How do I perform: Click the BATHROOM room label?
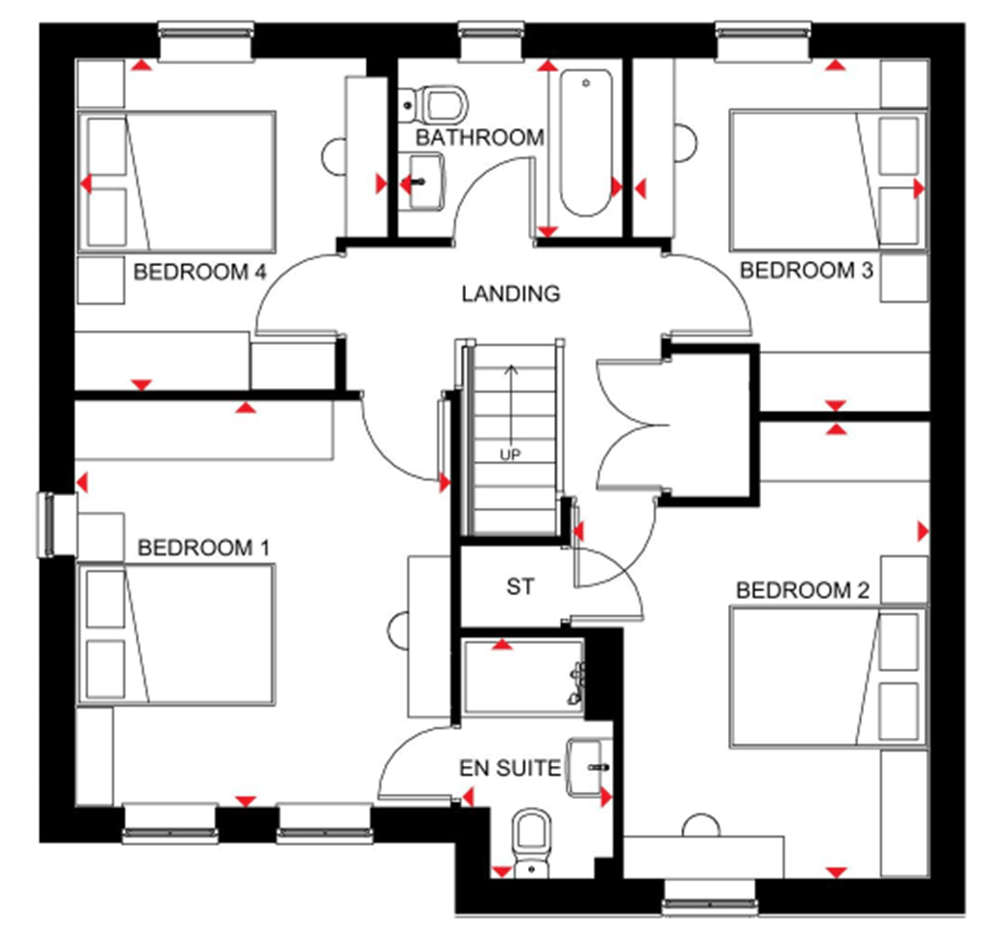tap(480, 138)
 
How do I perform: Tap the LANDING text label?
tap(511, 293)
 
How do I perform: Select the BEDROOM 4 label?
tap(200, 271)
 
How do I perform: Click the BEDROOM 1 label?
tap(204, 548)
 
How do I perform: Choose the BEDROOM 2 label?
tap(803, 590)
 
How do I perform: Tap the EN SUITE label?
tap(511, 769)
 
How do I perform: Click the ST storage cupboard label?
tap(520, 586)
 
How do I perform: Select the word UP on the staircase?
tap(511, 453)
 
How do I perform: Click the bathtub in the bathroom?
tap(584, 143)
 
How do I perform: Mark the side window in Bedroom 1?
tap(47, 524)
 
